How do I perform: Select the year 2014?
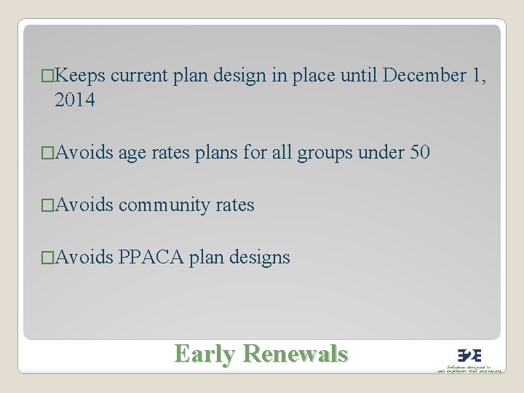pyautogui.click(x=74, y=100)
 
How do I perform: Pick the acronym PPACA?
pyautogui.click(x=151, y=258)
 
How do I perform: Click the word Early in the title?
pyautogui.click(x=205, y=354)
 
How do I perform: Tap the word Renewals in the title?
pyautogui.click(x=295, y=354)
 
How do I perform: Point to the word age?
pyautogui.click(x=132, y=153)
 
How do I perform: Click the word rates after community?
pyautogui.click(x=235, y=205)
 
